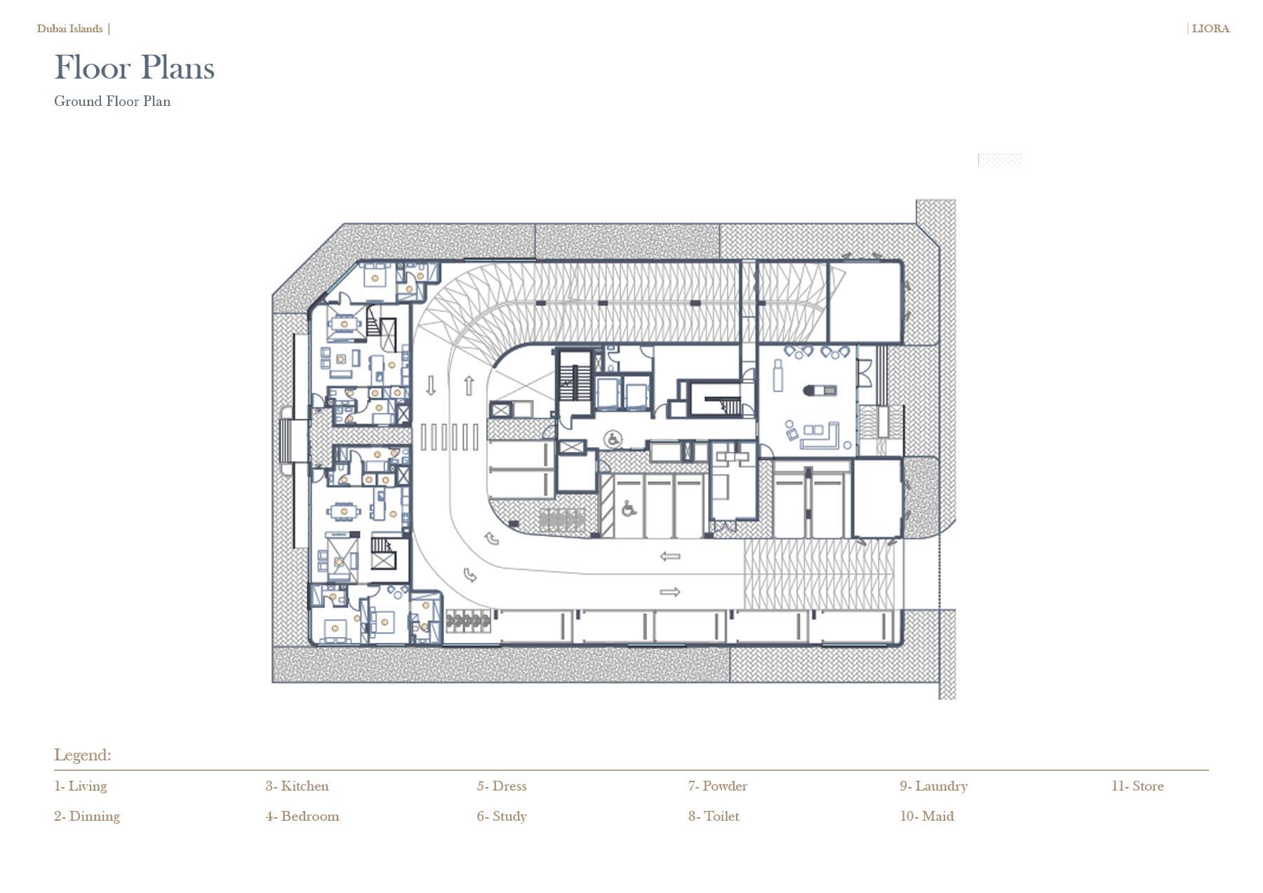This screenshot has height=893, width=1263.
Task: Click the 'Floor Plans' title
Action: click(x=134, y=67)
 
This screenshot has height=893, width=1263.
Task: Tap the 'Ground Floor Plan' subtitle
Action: click(x=112, y=101)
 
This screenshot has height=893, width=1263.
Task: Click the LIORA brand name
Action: click(x=1210, y=29)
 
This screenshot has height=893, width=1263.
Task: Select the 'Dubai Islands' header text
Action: click(x=70, y=29)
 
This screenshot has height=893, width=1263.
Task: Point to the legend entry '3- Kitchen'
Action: click(x=297, y=786)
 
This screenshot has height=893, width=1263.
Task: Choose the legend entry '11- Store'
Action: click(x=1137, y=786)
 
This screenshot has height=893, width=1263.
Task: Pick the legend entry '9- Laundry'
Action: click(x=934, y=786)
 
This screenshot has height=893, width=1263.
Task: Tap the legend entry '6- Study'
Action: click(x=502, y=817)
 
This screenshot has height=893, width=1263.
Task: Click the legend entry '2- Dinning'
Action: click(x=87, y=817)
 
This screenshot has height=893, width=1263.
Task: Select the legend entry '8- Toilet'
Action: click(x=714, y=816)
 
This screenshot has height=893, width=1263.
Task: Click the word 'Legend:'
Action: click(x=83, y=755)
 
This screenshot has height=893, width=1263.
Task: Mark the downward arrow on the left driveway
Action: click(x=431, y=385)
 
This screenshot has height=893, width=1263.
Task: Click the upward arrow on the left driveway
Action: click(x=469, y=385)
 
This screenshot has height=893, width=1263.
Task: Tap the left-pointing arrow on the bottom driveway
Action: click(x=670, y=556)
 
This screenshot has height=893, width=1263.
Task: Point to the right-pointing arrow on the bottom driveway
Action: click(x=670, y=592)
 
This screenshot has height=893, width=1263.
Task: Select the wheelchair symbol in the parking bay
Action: click(x=628, y=509)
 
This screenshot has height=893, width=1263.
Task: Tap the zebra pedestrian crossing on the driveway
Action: click(x=450, y=437)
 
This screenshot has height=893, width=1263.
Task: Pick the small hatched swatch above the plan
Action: click(x=1000, y=160)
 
